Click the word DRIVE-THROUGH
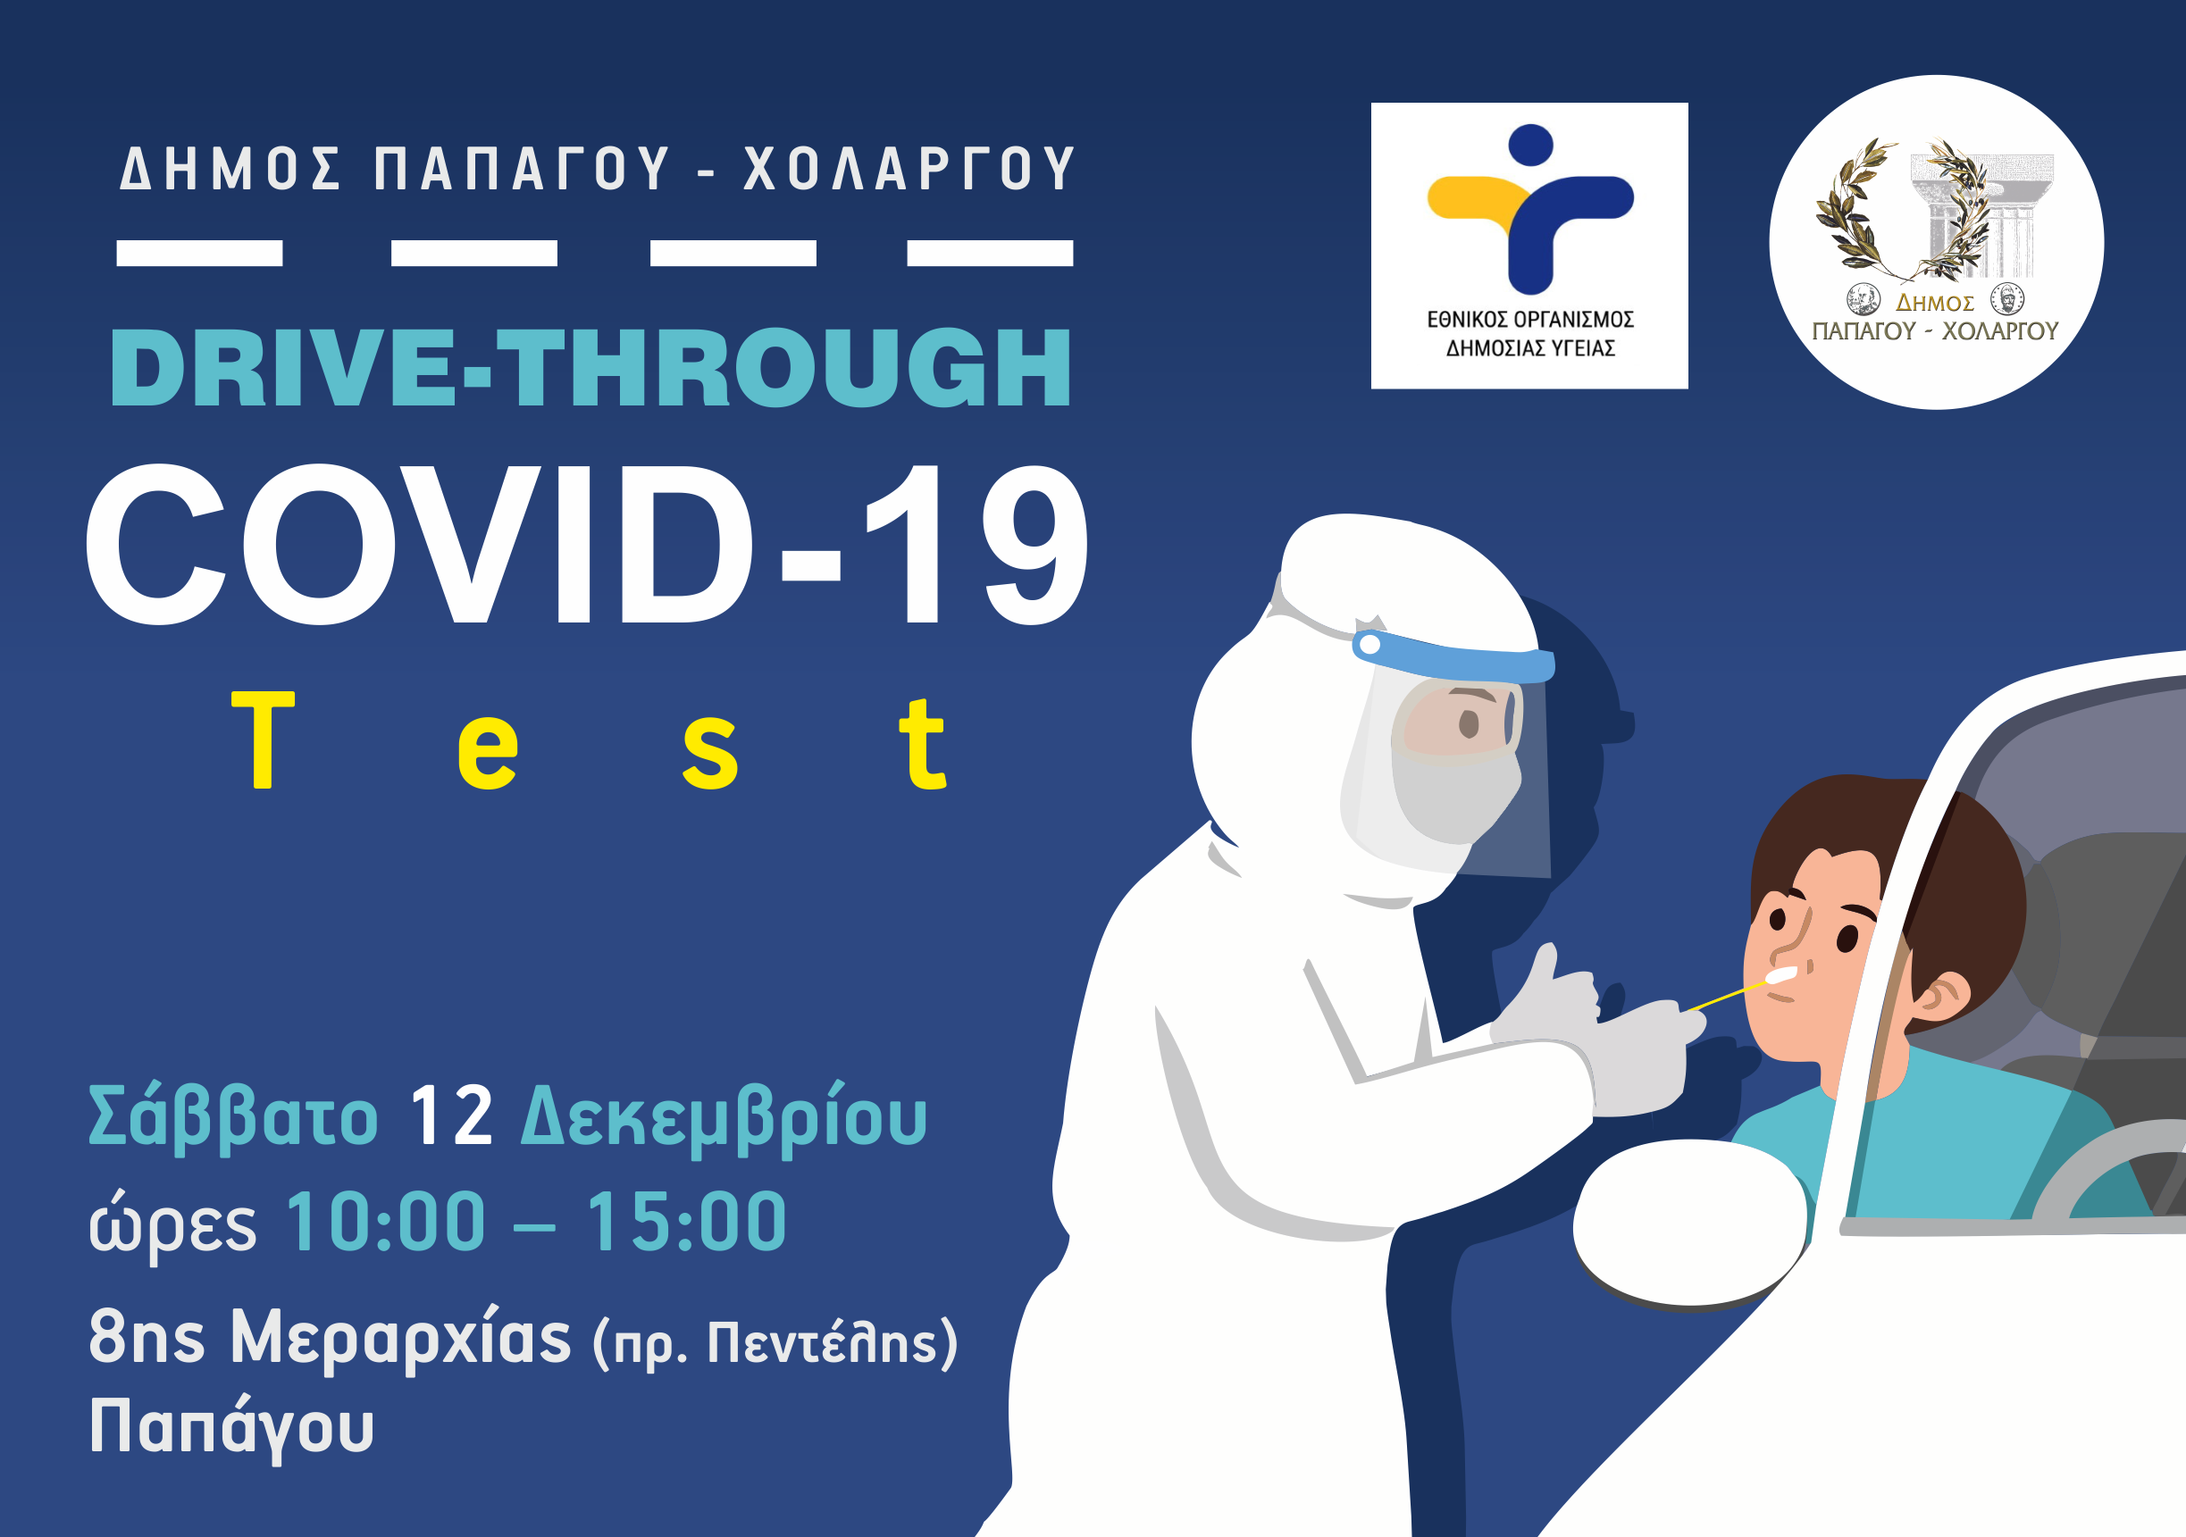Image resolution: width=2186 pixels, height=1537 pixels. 591,367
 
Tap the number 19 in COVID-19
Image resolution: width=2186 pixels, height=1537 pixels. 976,545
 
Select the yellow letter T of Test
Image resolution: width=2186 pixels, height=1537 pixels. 263,740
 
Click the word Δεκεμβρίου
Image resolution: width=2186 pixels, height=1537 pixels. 724,1117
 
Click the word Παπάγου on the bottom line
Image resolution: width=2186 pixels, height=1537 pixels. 231,1427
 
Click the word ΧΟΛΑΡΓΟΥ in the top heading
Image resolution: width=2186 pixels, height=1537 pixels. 909,169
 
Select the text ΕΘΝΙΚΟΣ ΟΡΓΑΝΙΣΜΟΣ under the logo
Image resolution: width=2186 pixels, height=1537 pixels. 1530,320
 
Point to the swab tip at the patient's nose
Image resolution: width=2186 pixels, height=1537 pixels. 1780,974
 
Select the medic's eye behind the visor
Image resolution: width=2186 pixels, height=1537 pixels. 1469,724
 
